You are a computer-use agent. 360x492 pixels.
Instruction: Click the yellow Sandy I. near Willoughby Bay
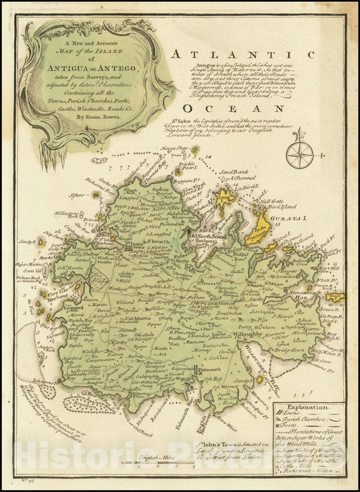[x=335, y=297]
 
